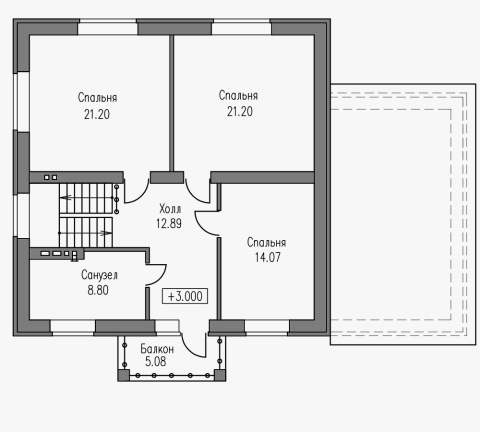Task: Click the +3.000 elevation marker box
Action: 185,296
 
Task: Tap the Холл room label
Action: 170,209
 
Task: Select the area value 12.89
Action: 169,223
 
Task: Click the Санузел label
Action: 99,275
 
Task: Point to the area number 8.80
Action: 98,290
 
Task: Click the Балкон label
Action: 157,349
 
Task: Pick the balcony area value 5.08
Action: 156,361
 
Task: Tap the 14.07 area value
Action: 268,257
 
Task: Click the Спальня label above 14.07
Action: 266,242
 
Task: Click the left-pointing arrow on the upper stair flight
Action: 66,197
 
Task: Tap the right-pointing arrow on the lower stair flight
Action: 106,233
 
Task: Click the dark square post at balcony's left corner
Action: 124,375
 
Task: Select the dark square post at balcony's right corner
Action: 219,375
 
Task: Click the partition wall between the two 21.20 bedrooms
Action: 171,103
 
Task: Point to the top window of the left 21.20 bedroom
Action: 108,27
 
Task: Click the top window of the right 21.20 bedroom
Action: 242,27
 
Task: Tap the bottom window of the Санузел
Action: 73,328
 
